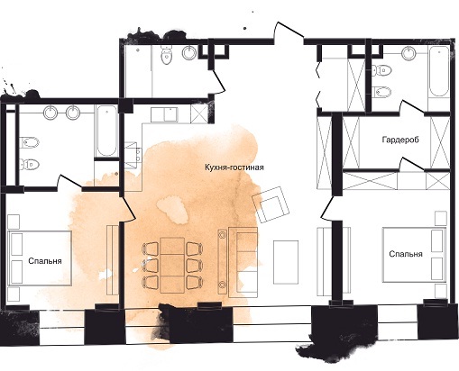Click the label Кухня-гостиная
click(234, 167)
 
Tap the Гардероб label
click(400, 140)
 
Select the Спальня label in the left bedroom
click(45, 261)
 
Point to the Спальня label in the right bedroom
click(406, 254)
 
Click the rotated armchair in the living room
click(271, 204)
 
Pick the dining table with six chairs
click(172, 265)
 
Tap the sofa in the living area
click(243, 262)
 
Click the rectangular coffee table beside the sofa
click(286, 262)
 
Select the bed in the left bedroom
click(40, 258)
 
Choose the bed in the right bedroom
click(414, 255)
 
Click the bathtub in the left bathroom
click(106, 131)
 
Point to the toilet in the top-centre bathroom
click(166, 55)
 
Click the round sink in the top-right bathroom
click(409, 53)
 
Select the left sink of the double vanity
click(50, 113)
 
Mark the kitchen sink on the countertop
click(164, 115)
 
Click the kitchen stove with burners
click(133, 156)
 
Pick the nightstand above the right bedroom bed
click(441, 218)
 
